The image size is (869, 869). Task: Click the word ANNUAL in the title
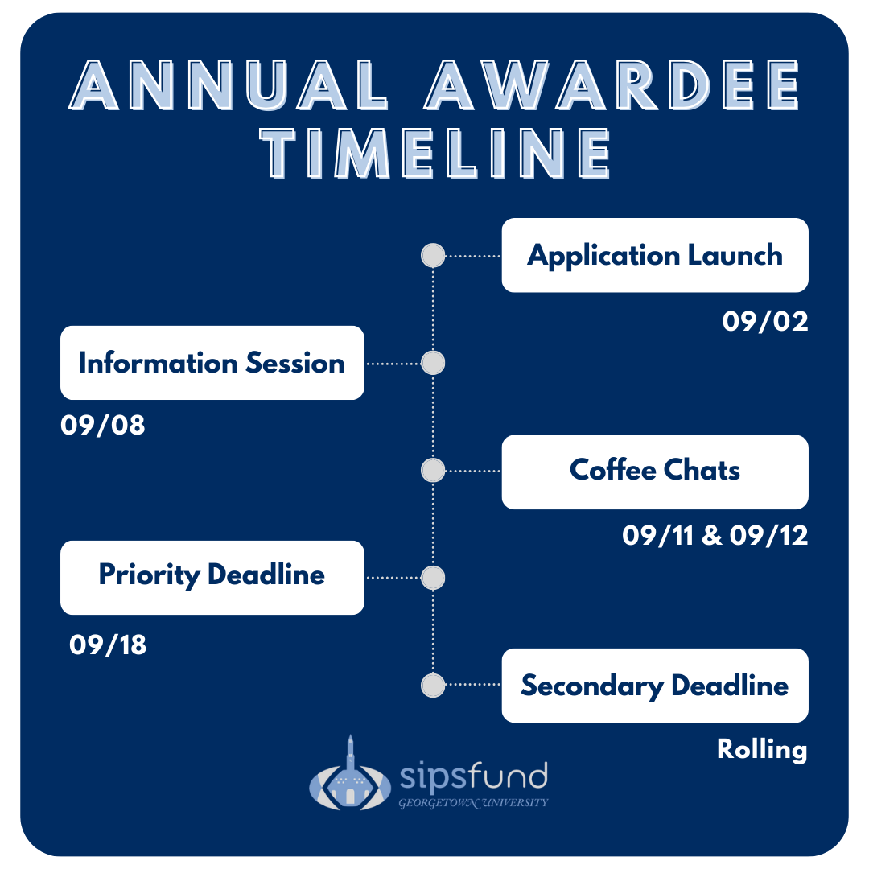click(228, 84)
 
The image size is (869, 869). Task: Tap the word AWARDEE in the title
click(612, 84)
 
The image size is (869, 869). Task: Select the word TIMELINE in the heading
click(435, 153)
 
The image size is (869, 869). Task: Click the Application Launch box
click(654, 256)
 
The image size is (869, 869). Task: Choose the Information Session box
click(212, 363)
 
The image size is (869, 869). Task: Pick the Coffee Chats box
click(654, 472)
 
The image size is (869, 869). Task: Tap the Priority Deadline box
click(212, 578)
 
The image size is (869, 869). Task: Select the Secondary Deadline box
click(654, 686)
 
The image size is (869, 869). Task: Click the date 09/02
click(765, 321)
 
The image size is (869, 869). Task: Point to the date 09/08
click(103, 425)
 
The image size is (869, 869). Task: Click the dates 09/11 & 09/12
click(715, 535)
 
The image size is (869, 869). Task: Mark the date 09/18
click(108, 645)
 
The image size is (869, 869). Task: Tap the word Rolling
click(762, 750)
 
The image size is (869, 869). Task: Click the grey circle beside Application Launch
click(433, 256)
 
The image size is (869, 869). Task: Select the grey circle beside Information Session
click(433, 363)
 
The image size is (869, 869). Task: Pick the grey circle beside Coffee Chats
click(433, 471)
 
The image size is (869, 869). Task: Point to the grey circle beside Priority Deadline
click(433, 578)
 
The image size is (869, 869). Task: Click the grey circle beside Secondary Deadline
click(433, 685)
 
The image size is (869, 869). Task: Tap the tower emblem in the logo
click(350, 776)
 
